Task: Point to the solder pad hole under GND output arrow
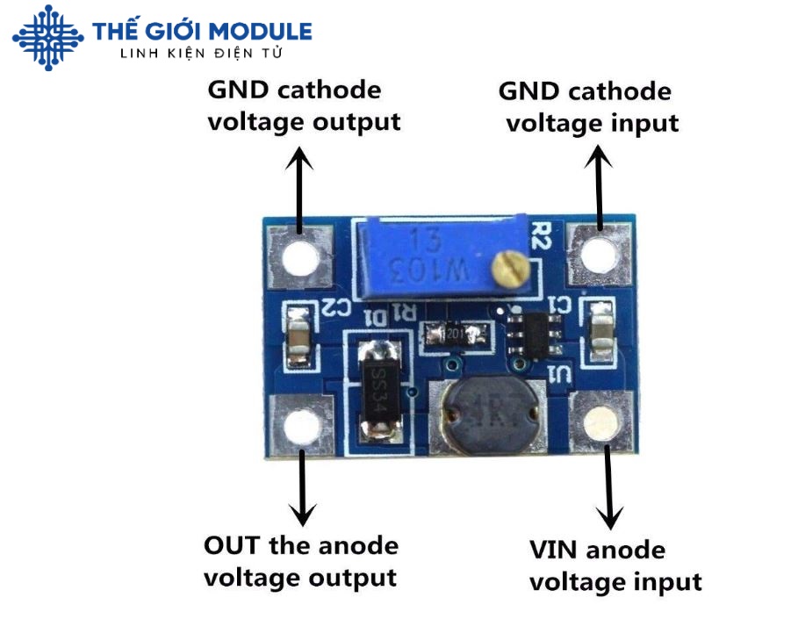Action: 301,258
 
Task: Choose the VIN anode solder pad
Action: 601,423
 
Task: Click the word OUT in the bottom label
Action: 233,545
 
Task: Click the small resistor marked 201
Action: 454,335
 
